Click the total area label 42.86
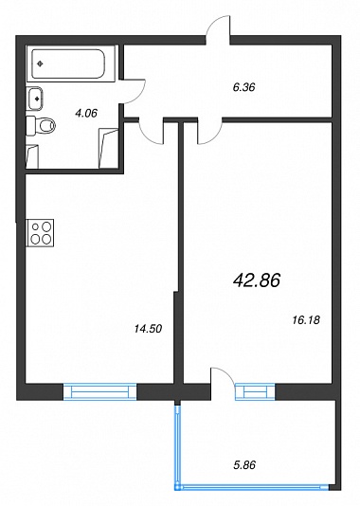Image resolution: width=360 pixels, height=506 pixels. [256, 280]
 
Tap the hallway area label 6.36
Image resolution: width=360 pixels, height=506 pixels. [243, 87]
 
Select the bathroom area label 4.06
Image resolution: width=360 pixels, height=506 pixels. [85, 113]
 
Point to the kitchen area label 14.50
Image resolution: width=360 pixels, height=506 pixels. [148, 329]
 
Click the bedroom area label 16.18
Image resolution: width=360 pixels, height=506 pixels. [306, 319]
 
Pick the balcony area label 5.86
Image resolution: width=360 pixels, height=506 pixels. [244, 465]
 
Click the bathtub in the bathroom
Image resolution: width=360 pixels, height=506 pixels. [69, 63]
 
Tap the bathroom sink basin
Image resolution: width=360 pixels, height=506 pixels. [35, 98]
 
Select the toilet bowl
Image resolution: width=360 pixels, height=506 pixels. [45, 125]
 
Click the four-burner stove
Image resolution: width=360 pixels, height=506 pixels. [41, 232]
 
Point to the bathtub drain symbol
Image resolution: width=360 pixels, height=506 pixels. [40, 63]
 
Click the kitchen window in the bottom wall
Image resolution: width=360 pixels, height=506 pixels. [100, 391]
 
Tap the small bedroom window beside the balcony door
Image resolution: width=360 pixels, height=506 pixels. [255, 391]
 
